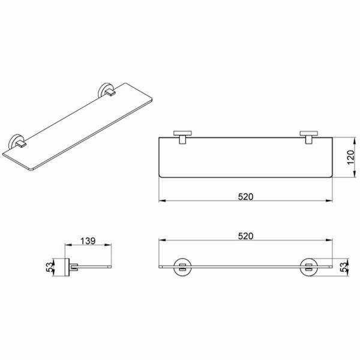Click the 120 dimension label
(350, 157)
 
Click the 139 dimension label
(88, 241)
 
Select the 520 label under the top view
(245, 197)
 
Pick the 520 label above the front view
(245, 236)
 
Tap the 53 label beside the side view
(50, 267)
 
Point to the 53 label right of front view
(344, 267)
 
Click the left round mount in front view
(182, 267)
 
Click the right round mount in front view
(308, 267)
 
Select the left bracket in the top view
(183, 137)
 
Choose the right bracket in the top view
(309, 137)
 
